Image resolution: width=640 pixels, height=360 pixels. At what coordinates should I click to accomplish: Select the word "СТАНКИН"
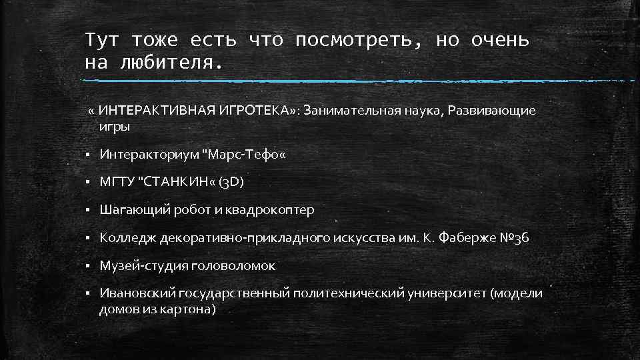(175, 182)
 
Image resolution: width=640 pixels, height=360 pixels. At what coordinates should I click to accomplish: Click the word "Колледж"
(124, 238)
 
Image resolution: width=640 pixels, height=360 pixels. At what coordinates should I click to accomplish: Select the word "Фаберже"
(466, 238)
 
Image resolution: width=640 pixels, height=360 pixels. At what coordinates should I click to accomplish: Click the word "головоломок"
(233, 266)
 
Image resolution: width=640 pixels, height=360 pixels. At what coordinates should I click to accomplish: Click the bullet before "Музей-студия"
(88, 266)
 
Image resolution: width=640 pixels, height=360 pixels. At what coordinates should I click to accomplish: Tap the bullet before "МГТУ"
(88, 182)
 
